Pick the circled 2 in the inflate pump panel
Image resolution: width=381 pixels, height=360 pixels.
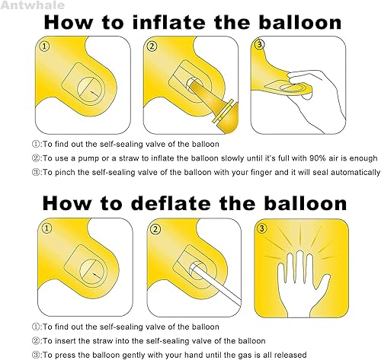(152, 48)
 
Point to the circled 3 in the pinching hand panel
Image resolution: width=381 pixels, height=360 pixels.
(260, 47)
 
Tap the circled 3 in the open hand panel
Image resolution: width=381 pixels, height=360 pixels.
(262, 229)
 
